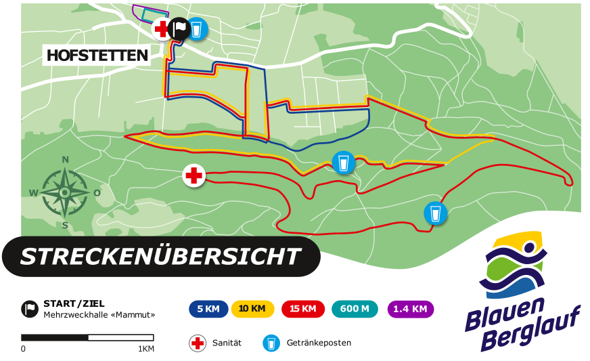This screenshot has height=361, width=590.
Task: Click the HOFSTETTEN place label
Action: (97, 55)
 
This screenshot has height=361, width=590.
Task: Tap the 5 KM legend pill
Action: (208, 309)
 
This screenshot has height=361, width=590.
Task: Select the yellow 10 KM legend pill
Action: (252, 309)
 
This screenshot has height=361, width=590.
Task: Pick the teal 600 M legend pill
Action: (355, 309)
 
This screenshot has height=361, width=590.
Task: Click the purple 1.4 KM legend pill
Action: (410, 309)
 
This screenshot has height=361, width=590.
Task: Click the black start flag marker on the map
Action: (179, 28)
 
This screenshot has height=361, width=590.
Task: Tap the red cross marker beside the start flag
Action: (162, 29)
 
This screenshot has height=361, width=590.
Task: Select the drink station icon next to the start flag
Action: (197, 28)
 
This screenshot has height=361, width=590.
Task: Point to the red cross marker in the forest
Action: (194, 176)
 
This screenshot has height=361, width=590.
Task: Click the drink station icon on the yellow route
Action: (344, 163)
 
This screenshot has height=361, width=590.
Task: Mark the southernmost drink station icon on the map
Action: (436, 213)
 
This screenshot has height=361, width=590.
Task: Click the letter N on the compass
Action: (66, 160)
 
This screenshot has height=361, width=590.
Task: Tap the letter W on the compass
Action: (32, 193)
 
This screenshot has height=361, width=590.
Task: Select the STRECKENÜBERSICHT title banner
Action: (160, 257)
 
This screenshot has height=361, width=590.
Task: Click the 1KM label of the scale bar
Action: (146, 349)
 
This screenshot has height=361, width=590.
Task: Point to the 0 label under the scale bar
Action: (23, 349)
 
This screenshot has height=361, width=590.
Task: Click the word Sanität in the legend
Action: (227, 343)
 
